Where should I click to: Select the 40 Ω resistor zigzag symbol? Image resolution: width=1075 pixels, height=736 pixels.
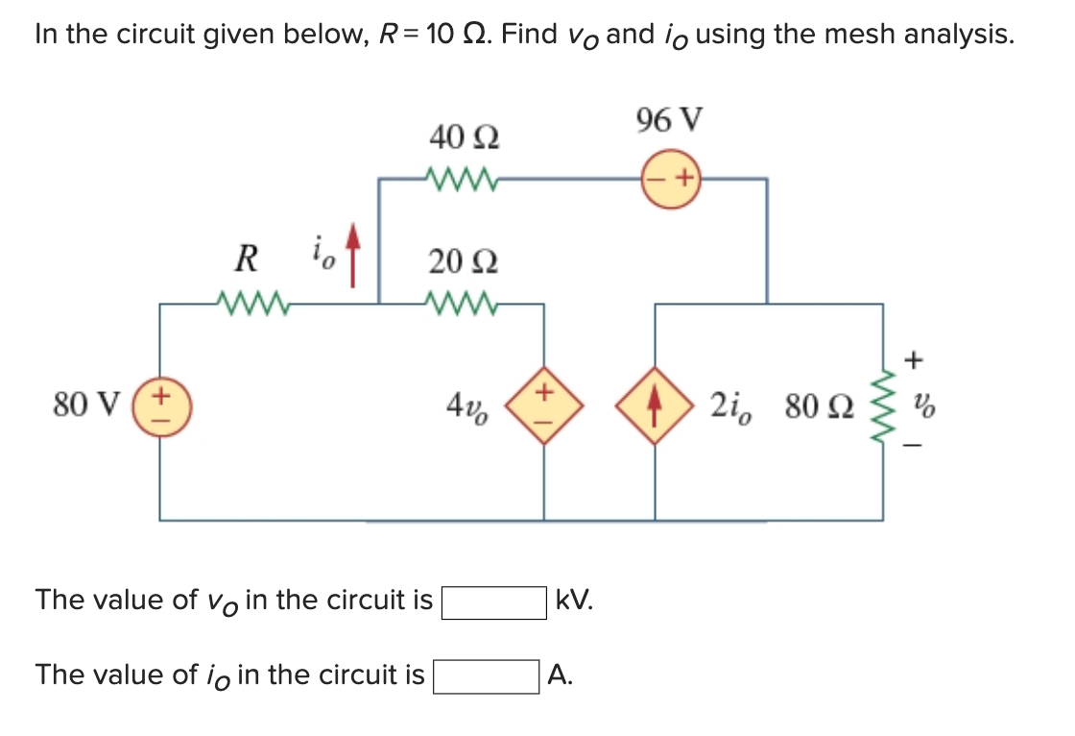coord(458,179)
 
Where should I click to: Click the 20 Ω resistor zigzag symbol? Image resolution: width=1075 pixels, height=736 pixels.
coord(458,305)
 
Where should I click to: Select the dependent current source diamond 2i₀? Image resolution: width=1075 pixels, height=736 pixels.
coord(656,406)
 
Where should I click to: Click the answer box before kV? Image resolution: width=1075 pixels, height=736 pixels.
coord(493,602)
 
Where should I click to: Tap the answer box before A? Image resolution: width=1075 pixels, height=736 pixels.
coord(486,676)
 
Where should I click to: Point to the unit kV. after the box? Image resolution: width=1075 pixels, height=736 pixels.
coord(575,601)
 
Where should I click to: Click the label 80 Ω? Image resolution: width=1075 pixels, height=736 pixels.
coord(816,407)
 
